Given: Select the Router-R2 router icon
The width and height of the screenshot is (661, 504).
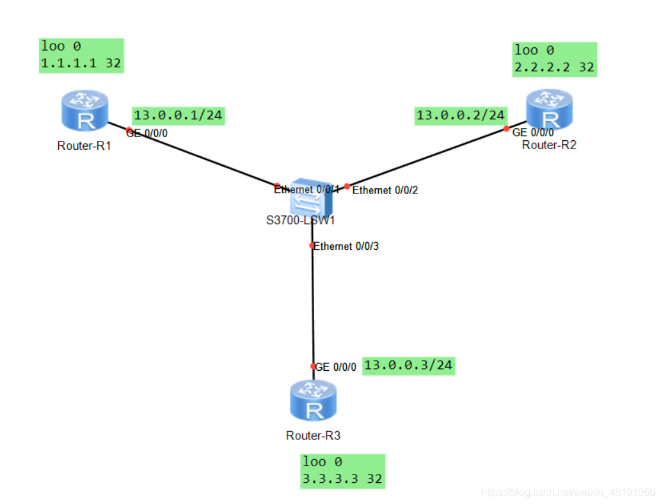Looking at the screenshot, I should (x=549, y=109).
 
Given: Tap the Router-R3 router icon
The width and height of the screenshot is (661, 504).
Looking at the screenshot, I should (x=314, y=401).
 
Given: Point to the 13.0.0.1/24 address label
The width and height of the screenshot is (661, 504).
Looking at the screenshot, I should (x=179, y=116).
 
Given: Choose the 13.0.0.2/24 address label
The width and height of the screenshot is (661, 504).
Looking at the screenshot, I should (x=461, y=116).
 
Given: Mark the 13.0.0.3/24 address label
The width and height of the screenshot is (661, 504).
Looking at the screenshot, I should (x=408, y=366).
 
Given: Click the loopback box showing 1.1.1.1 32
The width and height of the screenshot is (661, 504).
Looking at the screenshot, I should (x=81, y=56).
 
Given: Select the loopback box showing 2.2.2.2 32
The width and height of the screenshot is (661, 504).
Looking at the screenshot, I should (x=555, y=60).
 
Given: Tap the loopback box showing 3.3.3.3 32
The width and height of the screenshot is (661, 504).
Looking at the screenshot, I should (x=343, y=471).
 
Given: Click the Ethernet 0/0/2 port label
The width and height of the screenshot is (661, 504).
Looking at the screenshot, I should (x=385, y=190).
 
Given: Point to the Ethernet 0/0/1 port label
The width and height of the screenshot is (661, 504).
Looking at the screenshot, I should (x=306, y=190).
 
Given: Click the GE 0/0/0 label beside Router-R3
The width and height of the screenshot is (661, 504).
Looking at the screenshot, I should (x=336, y=368).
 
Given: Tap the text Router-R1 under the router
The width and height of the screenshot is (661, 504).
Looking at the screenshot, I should (x=84, y=145).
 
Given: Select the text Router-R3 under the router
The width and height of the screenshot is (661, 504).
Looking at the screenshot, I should (x=313, y=436).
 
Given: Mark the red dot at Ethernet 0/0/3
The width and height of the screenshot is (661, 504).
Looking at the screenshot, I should (x=312, y=246).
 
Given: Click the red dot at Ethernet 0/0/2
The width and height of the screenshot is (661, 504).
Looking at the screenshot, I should (x=347, y=187).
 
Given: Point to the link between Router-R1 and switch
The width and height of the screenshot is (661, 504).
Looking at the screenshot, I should (x=192, y=154).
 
